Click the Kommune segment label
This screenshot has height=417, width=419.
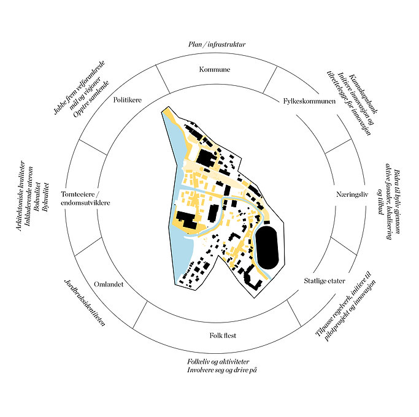tap(215, 69)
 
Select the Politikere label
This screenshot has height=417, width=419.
tap(128, 100)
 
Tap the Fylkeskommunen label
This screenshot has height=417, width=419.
tap(309, 101)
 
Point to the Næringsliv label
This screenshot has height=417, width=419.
tap(352, 194)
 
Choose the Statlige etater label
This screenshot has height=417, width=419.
tap(325, 281)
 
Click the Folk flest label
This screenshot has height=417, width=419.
tap(223, 335)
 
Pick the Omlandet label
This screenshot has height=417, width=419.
tap(109, 284)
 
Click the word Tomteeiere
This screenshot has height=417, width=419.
tap(78, 194)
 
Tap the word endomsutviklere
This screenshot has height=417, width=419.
tap(85, 203)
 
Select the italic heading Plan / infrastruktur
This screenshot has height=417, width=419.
tap(217, 44)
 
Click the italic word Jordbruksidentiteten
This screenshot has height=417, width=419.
tap(85, 303)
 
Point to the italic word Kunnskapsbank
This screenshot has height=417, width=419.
tap(363, 94)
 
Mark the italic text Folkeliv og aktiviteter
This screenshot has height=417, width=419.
tap(218, 362)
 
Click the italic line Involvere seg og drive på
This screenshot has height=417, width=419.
tap(222, 370)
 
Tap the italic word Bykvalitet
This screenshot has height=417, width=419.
tap(45, 197)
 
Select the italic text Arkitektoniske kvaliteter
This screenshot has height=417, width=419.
tap(21, 196)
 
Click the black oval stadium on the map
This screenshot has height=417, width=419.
tap(267, 248)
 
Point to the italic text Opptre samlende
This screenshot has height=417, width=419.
tap(91, 99)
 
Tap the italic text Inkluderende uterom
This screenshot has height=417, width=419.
tap(29, 196)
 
